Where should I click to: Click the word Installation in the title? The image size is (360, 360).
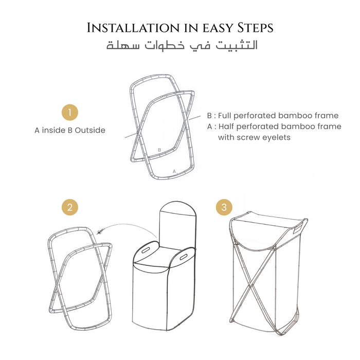click(x=132, y=27)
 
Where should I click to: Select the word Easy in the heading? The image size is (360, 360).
click(x=211, y=28)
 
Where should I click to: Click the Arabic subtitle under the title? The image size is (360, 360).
click(x=182, y=45)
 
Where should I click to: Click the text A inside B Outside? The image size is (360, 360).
click(x=70, y=130)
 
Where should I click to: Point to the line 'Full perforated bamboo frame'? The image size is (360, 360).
click(x=277, y=115)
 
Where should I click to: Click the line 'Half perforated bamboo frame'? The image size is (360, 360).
click(x=278, y=127)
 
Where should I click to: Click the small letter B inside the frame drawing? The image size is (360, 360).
click(x=160, y=150)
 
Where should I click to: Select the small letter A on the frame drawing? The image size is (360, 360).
click(x=174, y=170)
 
